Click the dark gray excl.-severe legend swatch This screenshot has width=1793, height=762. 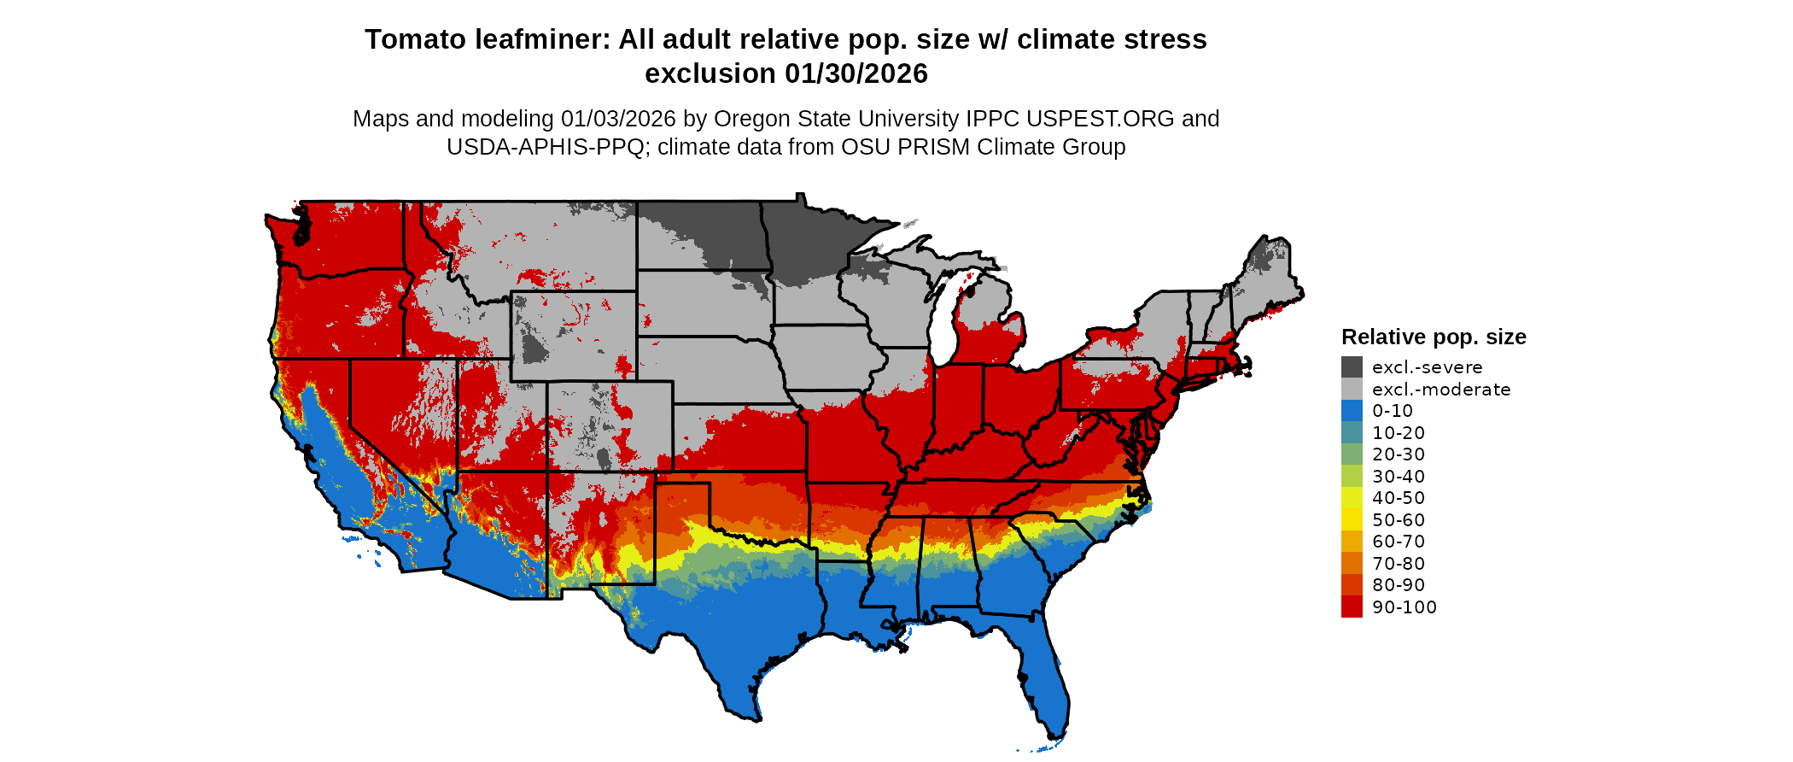(1352, 367)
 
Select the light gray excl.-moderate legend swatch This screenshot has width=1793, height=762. (1352, 390)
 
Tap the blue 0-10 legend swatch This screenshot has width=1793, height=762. (1352, 411)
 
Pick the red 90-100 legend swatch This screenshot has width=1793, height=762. (1352, 607)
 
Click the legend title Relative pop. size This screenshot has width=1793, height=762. (1434, 337)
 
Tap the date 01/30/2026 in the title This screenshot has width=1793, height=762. (856, 74)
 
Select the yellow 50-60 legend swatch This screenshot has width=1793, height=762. (1352, 520)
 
